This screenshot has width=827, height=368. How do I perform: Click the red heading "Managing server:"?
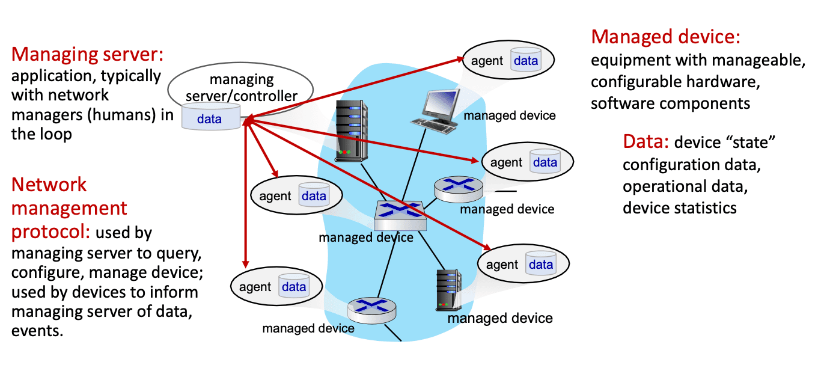[87, 54]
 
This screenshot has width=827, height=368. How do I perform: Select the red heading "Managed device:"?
[666, 37]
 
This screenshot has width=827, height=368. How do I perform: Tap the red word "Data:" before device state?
[645, 141]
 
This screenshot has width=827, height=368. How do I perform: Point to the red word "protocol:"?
[50, 232]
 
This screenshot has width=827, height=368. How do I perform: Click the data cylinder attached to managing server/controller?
[211, 116]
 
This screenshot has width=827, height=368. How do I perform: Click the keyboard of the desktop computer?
[434, 126]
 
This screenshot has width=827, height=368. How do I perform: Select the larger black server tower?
[351, 131]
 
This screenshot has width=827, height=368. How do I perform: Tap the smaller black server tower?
[448, 290]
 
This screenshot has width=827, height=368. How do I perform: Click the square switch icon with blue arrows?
[400, 216]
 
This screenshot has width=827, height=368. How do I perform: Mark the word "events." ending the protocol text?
[37, 330]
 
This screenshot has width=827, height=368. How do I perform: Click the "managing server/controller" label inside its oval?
[242, 88]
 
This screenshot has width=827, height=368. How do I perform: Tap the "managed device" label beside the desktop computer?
[510, 115]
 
